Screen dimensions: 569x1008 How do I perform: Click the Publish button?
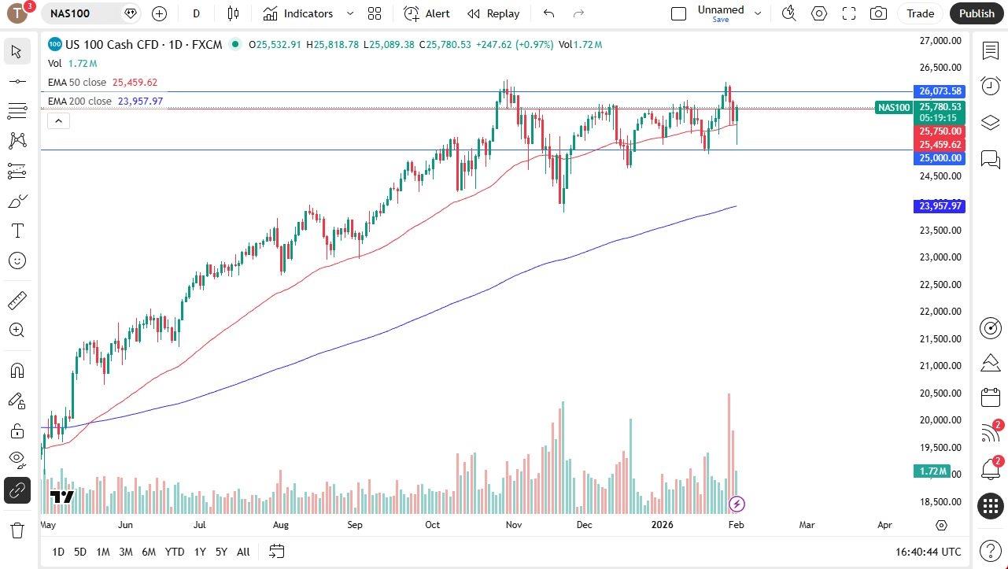(977, 13)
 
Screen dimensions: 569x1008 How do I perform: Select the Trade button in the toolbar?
(920, 13)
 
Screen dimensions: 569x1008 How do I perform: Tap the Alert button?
(427, 13)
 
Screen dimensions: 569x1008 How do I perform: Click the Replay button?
(493, 13)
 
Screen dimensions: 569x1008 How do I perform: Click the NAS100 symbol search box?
(83, 13)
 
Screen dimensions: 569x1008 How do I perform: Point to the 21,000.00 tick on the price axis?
(940, 366)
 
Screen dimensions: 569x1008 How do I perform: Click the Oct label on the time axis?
(433, 525)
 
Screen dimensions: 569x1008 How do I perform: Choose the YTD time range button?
(175, 552)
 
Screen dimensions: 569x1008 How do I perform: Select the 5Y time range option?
(222, 552)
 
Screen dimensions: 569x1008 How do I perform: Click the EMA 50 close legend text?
(77, 83)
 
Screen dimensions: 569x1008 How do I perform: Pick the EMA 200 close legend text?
(79, 102)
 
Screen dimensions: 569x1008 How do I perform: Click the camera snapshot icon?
(878, 13)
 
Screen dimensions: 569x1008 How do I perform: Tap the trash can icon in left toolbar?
(17, 530)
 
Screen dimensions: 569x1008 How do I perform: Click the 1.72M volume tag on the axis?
(934, 471)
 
